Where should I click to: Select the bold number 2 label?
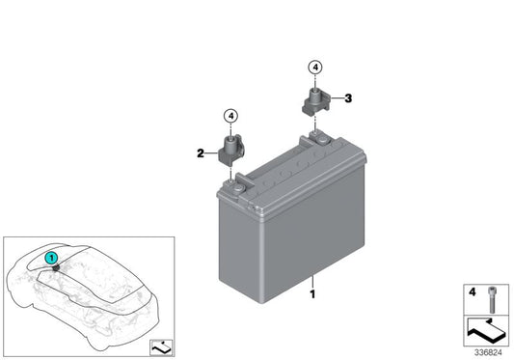[x=200, y=152]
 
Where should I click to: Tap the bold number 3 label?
[x=347, y=97]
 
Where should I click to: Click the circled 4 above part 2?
[x=230, y=116]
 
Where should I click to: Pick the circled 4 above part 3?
[x=314, y=67]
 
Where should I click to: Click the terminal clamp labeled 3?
[x=315, y=100]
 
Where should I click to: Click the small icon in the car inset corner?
[x=155, y=344]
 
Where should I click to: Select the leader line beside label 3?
[x=337, y=97]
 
